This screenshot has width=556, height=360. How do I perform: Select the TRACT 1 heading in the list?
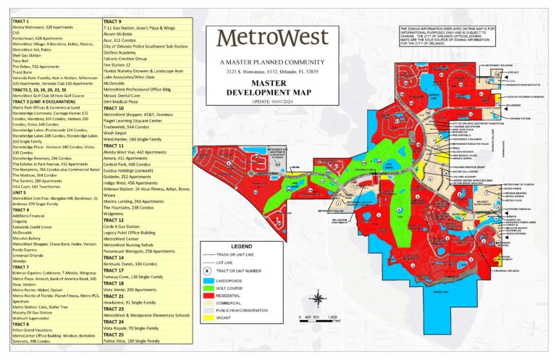pos(22,22)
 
